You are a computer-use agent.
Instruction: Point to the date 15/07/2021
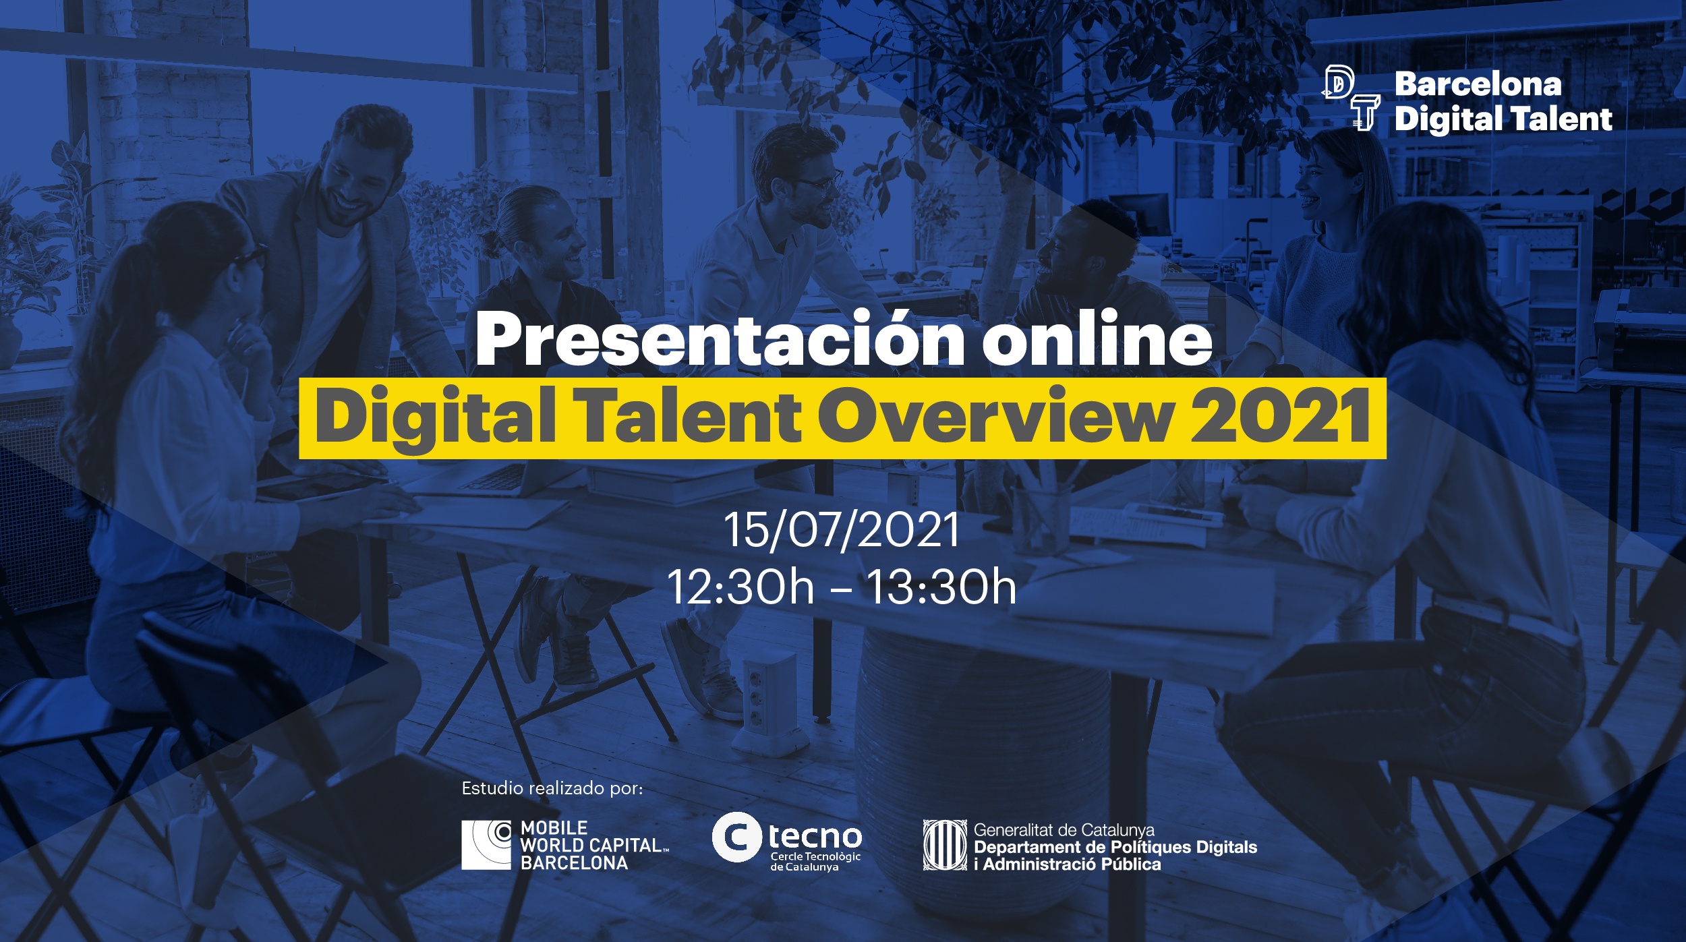point(841,529)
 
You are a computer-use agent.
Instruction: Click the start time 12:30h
point(740,587)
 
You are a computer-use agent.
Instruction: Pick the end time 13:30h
point(941,587)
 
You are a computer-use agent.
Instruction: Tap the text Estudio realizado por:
point(552,789)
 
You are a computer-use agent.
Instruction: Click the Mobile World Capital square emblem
point(486,845)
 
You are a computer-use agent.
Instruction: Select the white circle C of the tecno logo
point(737,837)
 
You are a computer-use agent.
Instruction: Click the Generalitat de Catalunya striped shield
point(945,845)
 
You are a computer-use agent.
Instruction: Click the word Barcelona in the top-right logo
point(1478,84)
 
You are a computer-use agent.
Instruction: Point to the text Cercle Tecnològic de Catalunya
point(815,861)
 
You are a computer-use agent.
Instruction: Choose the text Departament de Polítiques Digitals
point(1115,847)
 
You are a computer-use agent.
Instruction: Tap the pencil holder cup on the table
point(1039,519)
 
